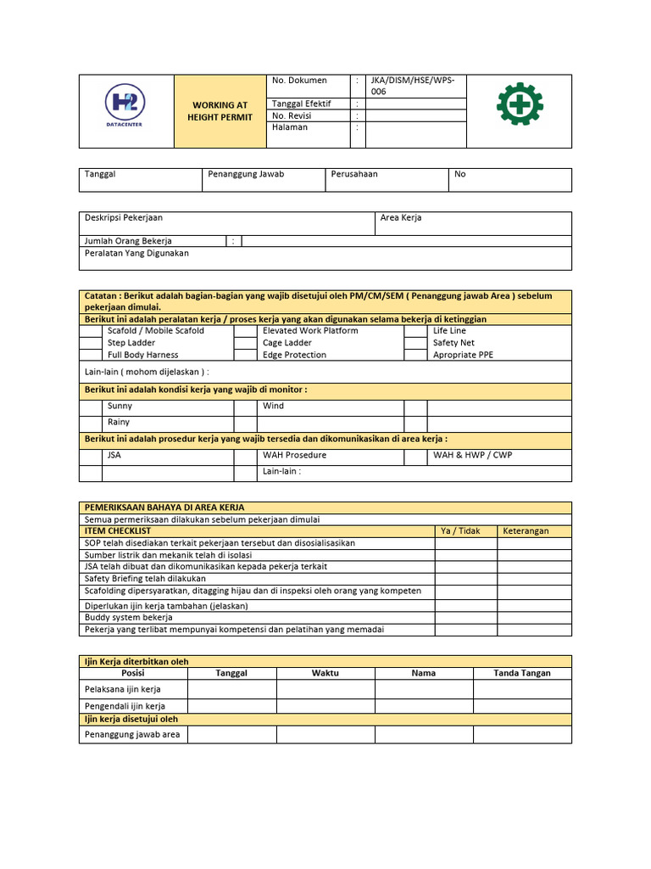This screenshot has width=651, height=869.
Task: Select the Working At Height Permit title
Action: pyautogui.click(x=220, y=111)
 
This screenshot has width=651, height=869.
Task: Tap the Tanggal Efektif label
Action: pyautogui.click(x=301, y=104)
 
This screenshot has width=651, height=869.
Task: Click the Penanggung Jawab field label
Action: pyautogui.click(x=247, y=174)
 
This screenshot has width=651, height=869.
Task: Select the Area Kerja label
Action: pyautogui.click(x=401, y=218)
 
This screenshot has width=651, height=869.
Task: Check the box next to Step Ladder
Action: pyautogui.click(x=90, y=343)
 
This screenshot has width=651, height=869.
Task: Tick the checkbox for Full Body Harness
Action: pyautogui.click(x=90, y=355)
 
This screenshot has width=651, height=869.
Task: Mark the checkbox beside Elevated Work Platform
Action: pyautogui.click(x=245, y=331)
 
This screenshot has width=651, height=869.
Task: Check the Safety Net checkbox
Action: pyautogui.click(x=415, y=343)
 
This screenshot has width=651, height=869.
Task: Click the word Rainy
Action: pyautogui.click(x=120, y=422)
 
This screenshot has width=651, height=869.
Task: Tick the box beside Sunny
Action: pyautogui.click(x=90, y=406)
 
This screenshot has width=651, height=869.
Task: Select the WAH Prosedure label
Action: pyautogui.click(x=294, y=455)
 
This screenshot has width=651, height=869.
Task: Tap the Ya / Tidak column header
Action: pyautogui.click(x=460, y=531)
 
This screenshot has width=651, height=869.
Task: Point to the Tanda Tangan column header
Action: pyautogui.click(x=522, y=673)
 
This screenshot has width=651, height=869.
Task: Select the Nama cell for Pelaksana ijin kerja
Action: pyautogui.click(x=424, y=689)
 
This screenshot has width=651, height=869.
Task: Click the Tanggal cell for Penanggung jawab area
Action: pyautogui.click(x=231, y=734)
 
